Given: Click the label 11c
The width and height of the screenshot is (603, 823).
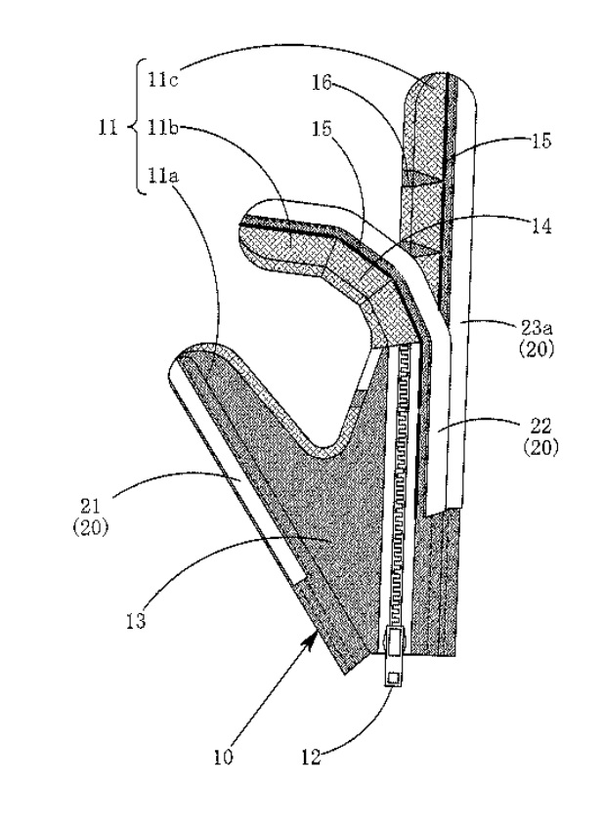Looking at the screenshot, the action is pos(163,80).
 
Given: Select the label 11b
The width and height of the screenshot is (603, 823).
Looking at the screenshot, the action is pos(163,128).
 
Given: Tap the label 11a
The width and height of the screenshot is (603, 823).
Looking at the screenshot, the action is pos(163,175).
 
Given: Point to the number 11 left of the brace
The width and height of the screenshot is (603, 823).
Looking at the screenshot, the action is pos(108,128).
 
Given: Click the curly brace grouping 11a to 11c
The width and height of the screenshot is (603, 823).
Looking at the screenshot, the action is pos(135,127).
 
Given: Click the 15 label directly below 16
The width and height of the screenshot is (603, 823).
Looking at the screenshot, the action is pos(322,128).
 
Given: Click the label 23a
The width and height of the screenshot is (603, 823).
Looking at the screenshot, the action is pos(537,330).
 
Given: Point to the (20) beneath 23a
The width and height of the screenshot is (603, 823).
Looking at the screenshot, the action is pos(537,350).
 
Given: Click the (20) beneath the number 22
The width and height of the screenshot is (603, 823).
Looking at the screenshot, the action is pos(541,447).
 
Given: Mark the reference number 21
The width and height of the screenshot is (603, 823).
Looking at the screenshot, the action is pos(90,507).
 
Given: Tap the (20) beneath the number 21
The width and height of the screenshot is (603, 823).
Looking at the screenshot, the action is pos(90,527).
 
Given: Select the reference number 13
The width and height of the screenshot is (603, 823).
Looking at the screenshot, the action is pos(136,620).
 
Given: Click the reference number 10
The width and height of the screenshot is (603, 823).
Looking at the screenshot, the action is pos(223,758).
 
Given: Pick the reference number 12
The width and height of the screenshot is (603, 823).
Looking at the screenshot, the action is pos(312,758).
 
